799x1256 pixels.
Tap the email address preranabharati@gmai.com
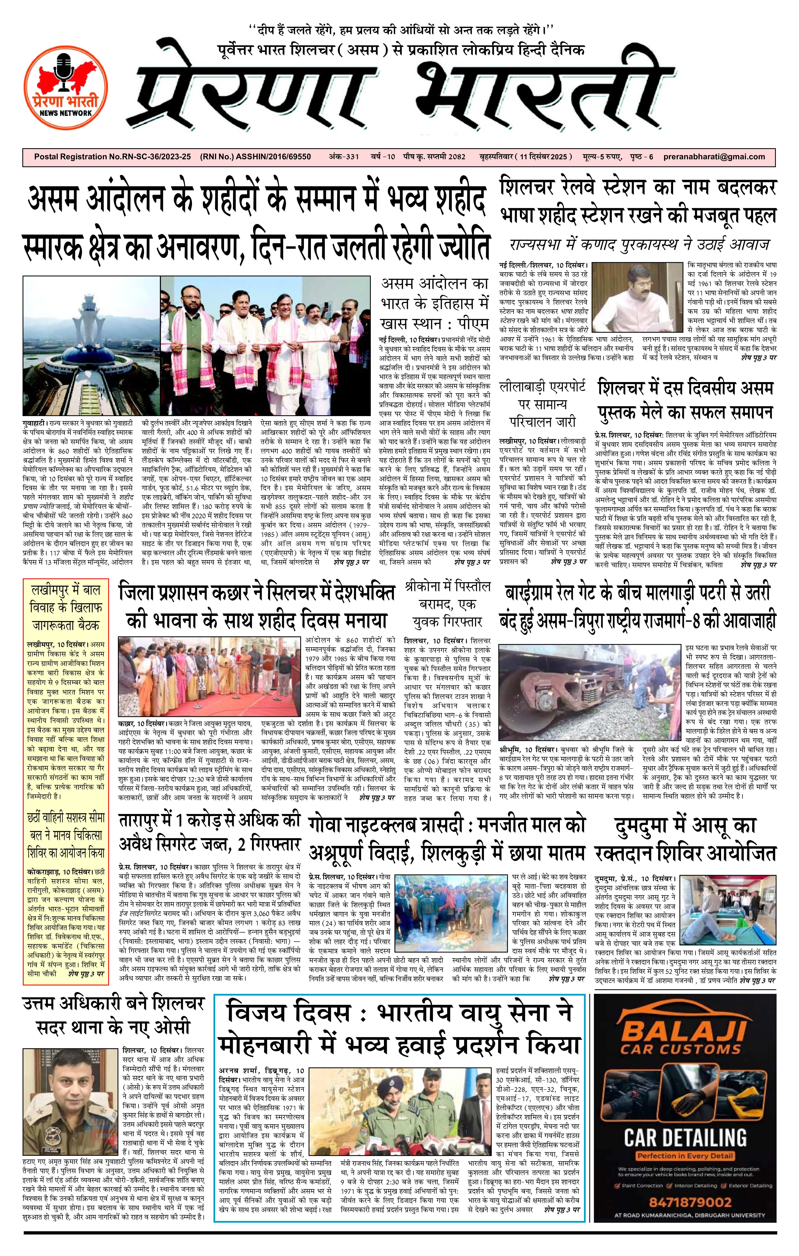coord(715,156)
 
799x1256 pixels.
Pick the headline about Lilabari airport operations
coord(542,403)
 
